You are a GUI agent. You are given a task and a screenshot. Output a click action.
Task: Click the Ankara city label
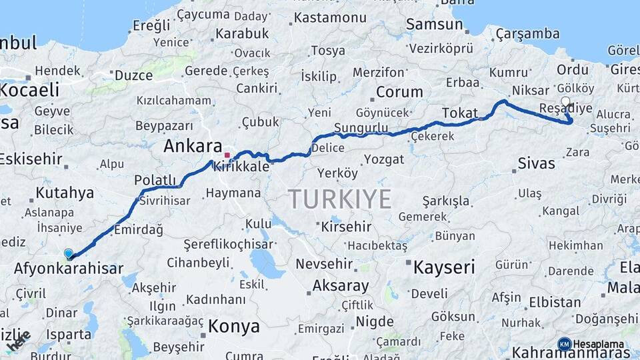pyautogui.click(x=193, y=146)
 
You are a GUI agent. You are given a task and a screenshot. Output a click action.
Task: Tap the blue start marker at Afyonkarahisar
pyautogui.click(x=69, y=254)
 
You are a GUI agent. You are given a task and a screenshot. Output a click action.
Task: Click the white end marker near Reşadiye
pyautogui.click(x=566, y=101)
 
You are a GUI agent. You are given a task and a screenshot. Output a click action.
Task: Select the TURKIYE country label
pyautogui.click(x=340, y=199)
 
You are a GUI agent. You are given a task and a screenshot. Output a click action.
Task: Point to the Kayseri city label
pyautogui.click(x=444, y=268)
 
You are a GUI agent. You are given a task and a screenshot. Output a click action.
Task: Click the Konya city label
pyautogui.click(x=233, y=326)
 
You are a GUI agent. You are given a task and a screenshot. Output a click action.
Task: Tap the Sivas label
pyautogui.click(x=536, y=163)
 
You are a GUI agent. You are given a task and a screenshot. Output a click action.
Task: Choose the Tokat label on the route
pyautogui.click(x=460, y=112)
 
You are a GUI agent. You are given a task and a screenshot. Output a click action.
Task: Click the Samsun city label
pyautogui.click(x=434, y=25)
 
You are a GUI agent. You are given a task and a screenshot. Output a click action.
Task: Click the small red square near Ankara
pyautogui.click(x=227, y=155)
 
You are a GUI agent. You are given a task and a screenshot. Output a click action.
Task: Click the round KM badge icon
pyautogui.click(x=564, y=344)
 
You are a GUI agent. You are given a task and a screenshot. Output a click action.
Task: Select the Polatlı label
pyautogui.click(x=155, y=180)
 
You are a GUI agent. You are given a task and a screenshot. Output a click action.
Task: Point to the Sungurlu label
pyautogui.click(x=361, y=127)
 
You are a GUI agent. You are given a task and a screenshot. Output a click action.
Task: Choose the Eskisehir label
pyautogui.click(x=31, y=159)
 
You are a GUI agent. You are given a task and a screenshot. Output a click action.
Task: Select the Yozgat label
pyautogui.click(x=384, y=159)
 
